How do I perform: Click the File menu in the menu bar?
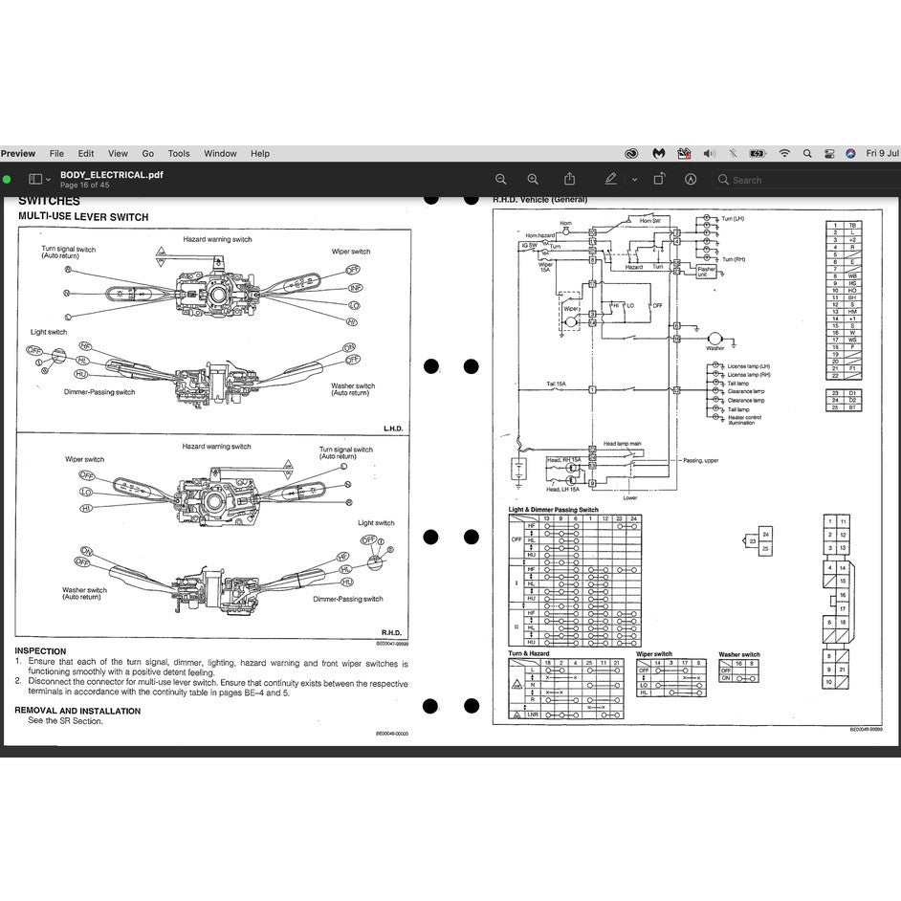click(x=56, y=153)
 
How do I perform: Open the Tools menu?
click(x=179, y=153)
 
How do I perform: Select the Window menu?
click(x=220, y=153)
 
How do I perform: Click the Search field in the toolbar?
click(x=803, y=179)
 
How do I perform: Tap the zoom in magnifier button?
click(x=533, y=179)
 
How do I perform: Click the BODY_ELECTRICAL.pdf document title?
click(x=111, y=175)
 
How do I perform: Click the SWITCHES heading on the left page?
click(x=49, y=202)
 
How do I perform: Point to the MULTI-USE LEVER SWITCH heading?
click(x=83, y=217)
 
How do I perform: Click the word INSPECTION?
click(x=40, y=651)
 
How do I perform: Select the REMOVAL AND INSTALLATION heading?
click(x=77, y=711)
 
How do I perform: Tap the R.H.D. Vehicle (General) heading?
click(x=539, y=200)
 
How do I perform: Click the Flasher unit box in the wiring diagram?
click(x=706, y=271)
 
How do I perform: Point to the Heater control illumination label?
click(x=745, y=421)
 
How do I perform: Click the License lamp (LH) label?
click(x=748, y=366)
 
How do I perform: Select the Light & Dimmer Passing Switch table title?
click(x=553, y=510)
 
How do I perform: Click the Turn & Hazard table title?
click(x=528, y=653)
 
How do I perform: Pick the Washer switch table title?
click(x=739, y=654)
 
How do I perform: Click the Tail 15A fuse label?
click(x=557, y=384)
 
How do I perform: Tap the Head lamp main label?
click(x=622, y=444)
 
